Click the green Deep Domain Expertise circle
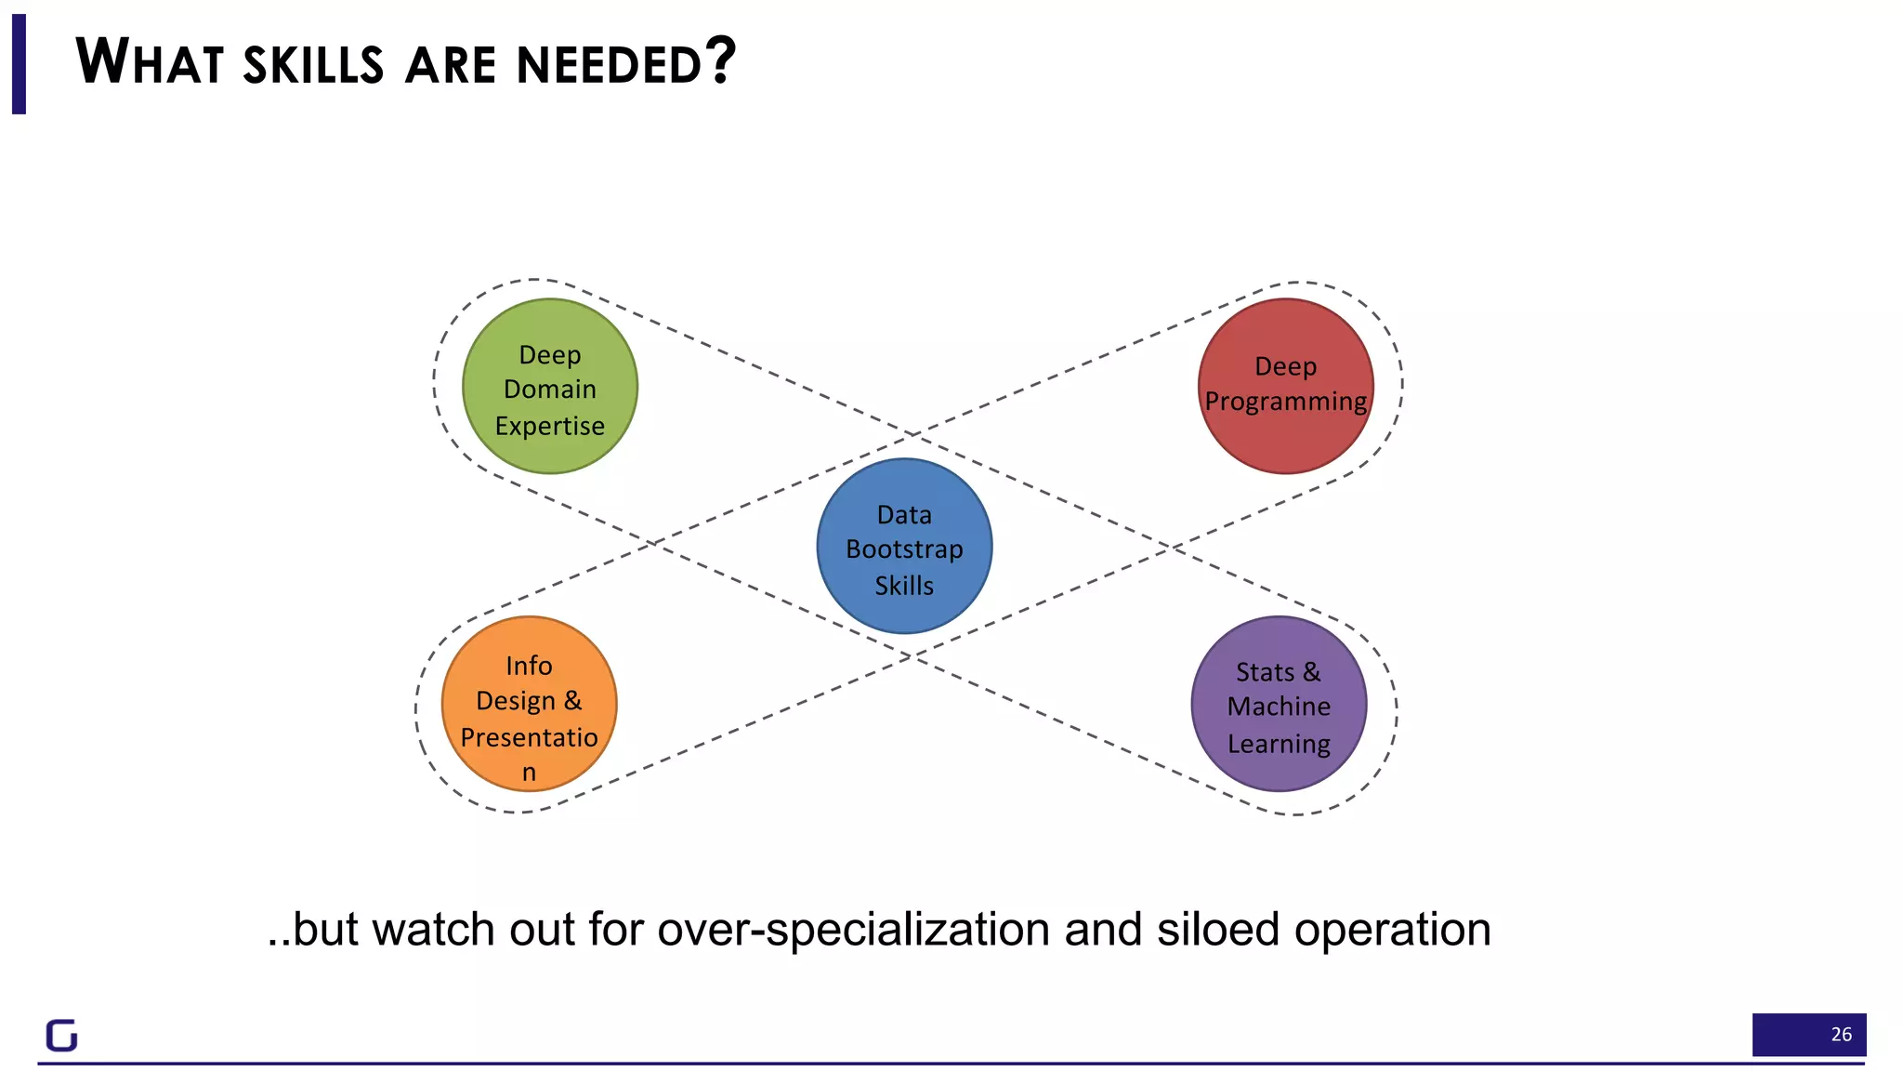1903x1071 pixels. point(549,386)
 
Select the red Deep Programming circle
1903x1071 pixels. point(1285,386)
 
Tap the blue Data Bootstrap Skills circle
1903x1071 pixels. point(904,547)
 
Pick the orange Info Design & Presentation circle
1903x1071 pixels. point(529,704)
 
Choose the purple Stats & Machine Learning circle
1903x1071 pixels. point(1279,704)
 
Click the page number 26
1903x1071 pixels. point(1841,1034)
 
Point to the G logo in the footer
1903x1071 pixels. point(62,1035)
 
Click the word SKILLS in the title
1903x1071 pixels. point(313,64)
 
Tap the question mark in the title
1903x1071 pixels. point(719,60)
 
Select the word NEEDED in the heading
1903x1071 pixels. point(608,64)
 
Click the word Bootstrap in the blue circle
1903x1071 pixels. point(904,549)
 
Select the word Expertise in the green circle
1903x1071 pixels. point(549,426)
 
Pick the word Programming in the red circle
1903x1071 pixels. point(1285,403)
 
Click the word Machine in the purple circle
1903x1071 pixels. point(1279,707)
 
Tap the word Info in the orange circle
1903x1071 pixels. point(529,666)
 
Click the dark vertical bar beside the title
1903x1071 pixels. point(19,64)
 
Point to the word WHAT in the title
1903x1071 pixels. point(149,62)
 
